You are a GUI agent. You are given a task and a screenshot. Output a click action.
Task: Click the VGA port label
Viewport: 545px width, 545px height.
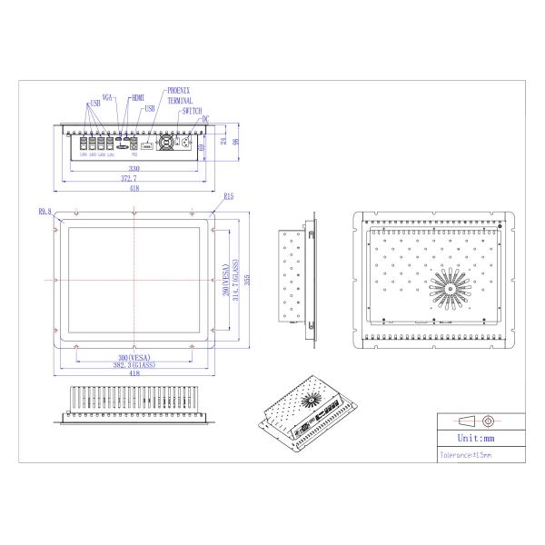[108, 95]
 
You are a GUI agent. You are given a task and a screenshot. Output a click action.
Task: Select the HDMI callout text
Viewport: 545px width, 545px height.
[137, 96]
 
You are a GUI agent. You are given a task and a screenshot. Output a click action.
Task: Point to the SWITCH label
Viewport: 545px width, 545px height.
[192, 110]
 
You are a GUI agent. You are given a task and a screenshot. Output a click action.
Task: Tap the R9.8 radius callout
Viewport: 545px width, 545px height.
[45, 212]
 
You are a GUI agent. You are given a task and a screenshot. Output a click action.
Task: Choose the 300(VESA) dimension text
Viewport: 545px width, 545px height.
[135, 358]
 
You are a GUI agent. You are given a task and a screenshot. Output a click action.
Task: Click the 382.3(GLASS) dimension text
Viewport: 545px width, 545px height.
[135, 365]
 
